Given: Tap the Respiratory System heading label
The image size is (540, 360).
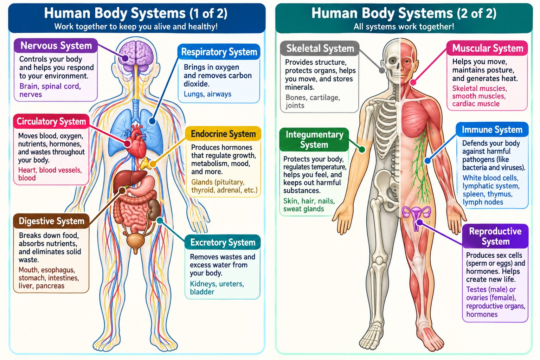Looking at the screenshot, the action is pyautogui.click(x=219, y=52).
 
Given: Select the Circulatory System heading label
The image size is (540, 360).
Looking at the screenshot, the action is pyautogui.click(x=51, y=121).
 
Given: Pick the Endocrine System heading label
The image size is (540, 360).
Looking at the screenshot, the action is pyautogui.click(x=223, y=134).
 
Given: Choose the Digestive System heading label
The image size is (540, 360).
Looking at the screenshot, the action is pyautogui.click(x=51, y=221).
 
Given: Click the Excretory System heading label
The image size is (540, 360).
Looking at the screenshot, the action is pyautogui.click(x=223, y=242).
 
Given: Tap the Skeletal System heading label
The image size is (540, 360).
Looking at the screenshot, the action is pyautogui.click(x=320, y=49).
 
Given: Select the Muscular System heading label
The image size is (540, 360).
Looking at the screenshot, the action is pyautogui.click(x=488, y=48).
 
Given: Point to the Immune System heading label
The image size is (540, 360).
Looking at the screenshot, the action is pyautogui.click(x=492, y=129).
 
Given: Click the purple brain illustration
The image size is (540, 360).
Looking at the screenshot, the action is pyautogui.click(x=136, y=53).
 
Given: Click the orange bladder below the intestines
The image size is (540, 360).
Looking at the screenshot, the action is pyautogui.click(x=135, y=242).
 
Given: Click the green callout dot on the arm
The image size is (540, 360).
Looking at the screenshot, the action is pyautogui.click(x=362, y=149).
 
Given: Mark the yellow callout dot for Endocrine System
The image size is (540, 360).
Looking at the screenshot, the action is pyautogui.click(x=152, y=165).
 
